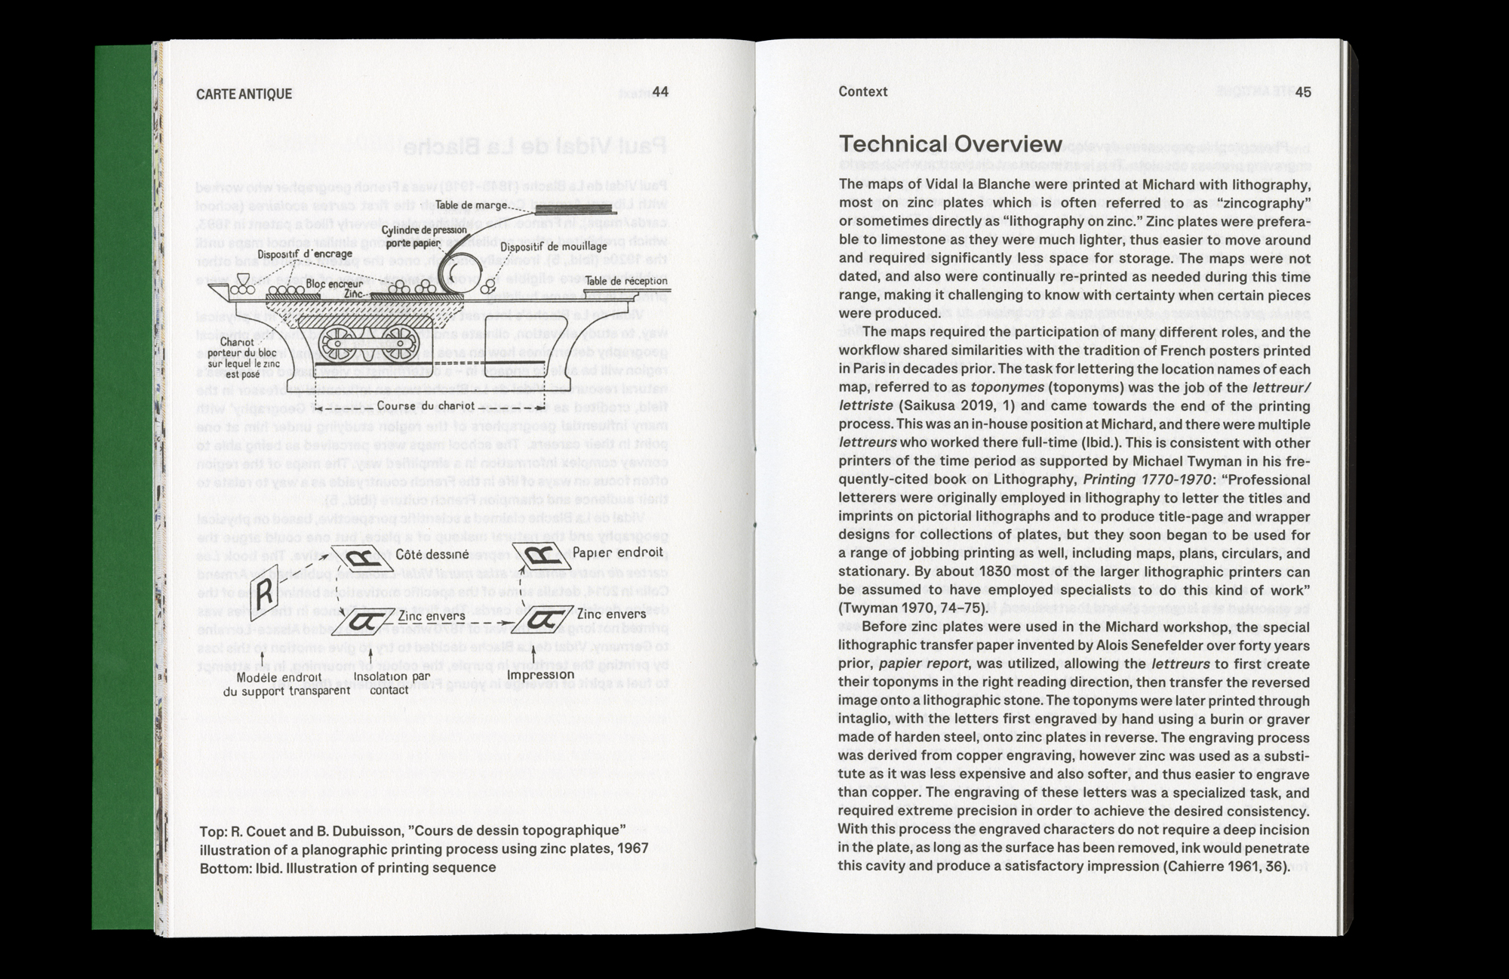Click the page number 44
[x=659, y=92]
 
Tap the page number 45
[x=1303, y=92]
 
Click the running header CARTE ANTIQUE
[x=244, y=94]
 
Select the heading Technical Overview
[x=951, y=144]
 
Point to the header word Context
[x=862, y=91]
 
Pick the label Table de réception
[x=626, y=281]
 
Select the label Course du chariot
[x=426, y=406]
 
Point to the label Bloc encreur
[x=334, y=284]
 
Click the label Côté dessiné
[x=432, y=554]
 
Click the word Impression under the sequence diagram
[x=540, y=674]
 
